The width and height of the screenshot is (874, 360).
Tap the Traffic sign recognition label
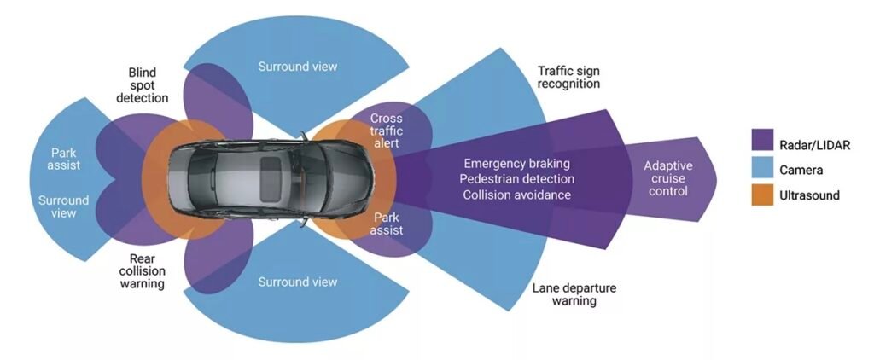[x=569, y=76]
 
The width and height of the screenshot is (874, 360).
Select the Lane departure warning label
[x=573, y=294]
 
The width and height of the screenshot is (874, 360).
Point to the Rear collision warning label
[x=141, y=270]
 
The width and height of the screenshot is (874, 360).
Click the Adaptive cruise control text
[x=667, y=178]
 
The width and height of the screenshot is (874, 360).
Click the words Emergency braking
[x=516, y=163]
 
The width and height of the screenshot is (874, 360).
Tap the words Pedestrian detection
[x=516, y=179]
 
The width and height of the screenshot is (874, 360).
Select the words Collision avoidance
[x=516, y=195]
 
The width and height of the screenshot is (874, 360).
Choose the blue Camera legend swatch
[x=762, y=170]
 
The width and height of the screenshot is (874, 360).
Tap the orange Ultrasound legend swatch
[x=762, y=195]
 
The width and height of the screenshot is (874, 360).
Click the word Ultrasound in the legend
[x=810, y=195]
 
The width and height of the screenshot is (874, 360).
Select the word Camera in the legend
[x=802, y=170]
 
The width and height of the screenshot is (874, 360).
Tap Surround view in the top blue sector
[x=298, y=66]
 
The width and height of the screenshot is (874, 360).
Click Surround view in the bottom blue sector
[x=298, y=282]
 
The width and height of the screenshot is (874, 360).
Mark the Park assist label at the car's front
[x=387, y=224]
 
